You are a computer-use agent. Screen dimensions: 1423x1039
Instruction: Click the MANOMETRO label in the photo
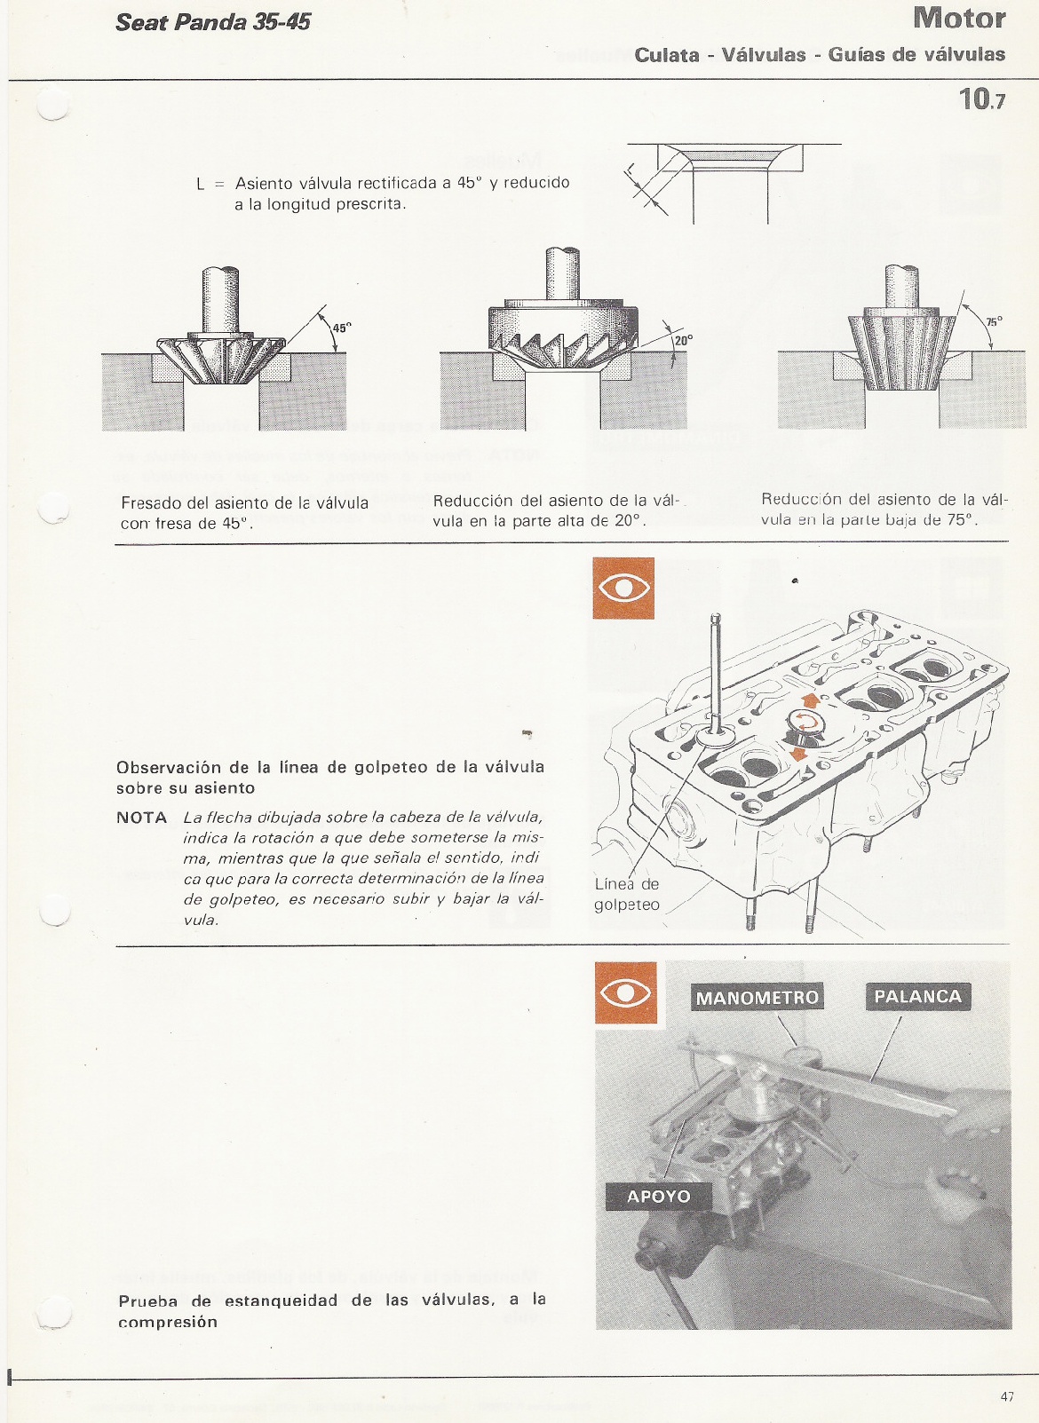click(x=757, y=997)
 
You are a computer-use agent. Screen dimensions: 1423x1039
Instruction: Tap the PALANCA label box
click(x=917, y=996)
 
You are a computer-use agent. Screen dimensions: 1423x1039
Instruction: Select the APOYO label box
click(x=658, y=1196)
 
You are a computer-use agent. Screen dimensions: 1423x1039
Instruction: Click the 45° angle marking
click(x=342, y=328)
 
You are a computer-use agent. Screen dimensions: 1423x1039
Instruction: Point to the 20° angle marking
click(x=682, y=339)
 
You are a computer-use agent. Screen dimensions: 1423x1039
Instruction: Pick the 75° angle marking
click(x=994, y=320)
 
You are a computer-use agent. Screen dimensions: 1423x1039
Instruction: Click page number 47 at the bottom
click(x=1006, y=1396)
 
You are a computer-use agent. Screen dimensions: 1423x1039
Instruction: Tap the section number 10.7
click(x=981, y=98)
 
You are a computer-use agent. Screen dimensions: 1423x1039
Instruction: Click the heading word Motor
click(x=958, y=18)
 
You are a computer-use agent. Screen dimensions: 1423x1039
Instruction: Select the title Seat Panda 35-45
click(x=213, y=22)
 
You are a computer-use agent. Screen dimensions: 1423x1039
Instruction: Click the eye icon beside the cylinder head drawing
click(x=623, y=588)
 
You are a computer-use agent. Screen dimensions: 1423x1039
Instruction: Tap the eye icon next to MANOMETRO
click(x=626, y=992)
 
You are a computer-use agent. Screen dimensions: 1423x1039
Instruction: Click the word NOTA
click(x=141, y=817)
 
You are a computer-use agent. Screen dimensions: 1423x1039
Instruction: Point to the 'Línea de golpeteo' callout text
click(x=626, y=894)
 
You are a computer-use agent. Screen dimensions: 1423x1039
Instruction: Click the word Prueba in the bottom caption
click(x=147, y=1301)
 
